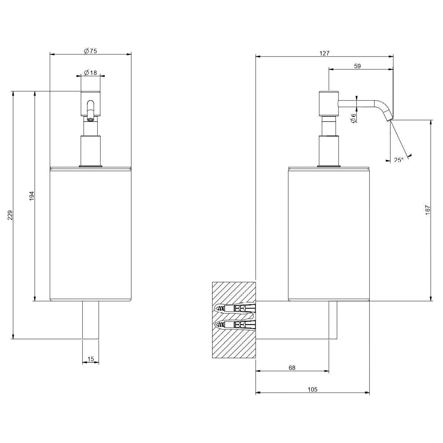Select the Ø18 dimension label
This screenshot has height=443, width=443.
[90, 73]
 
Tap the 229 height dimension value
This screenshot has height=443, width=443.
[10, 215]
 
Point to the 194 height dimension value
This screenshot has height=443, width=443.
[32, 196]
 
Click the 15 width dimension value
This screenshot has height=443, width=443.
[91, 359]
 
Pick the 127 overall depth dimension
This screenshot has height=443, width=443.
[324, 53]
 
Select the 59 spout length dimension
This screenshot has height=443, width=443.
[357, 66]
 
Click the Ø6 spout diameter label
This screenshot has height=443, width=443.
[353, 117]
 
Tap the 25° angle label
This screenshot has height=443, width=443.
[399, 160]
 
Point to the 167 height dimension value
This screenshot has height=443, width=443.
[428, 210]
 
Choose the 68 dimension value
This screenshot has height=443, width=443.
[292, 368]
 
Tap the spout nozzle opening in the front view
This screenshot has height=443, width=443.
[90, 119]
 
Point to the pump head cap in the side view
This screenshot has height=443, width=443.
[329, 104]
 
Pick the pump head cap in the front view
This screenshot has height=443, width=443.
[91, 104]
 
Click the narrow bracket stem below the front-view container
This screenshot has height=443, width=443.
[91, 320]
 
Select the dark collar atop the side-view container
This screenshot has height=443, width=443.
[329, 166]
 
